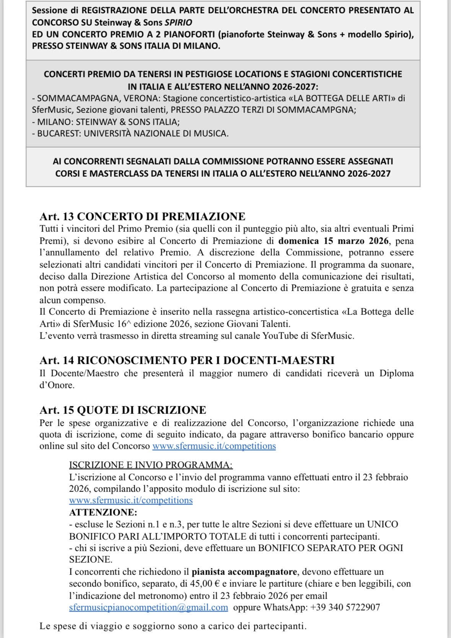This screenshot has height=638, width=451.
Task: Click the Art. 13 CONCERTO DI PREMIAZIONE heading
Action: [x=142, y=216]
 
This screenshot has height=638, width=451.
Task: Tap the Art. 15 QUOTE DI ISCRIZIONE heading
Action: [x=123, y=410]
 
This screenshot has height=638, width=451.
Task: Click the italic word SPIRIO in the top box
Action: [x=178, y=22]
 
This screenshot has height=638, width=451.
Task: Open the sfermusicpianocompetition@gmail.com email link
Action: [x=148, y=607]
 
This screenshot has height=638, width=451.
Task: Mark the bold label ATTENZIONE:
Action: [x=103, y=512]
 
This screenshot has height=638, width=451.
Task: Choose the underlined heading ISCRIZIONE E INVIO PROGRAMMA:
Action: [x=151, y=465]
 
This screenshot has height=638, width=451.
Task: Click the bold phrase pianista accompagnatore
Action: [x=244, y=572]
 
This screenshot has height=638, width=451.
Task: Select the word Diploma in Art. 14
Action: [x=396, y=373]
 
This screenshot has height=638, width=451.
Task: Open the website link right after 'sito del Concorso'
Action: [x=214, y=446]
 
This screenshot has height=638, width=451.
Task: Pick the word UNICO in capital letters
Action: [x=382, y=524]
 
